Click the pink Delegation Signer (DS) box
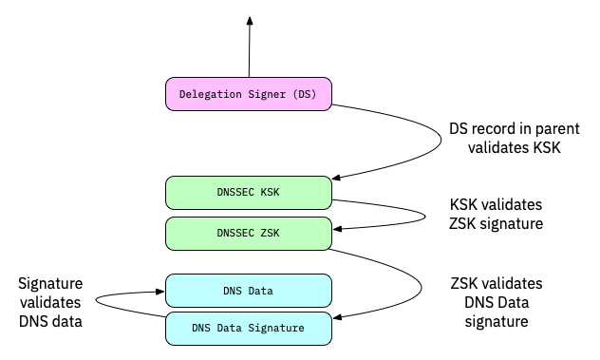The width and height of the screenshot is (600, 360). click(249, 93)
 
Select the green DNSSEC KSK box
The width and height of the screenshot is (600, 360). click(249, 192)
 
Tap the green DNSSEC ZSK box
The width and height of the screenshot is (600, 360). click(249, 232)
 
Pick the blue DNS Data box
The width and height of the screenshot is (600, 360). click(249, 289)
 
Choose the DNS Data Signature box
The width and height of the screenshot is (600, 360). click(249, 329)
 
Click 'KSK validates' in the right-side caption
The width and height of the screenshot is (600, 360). click(495, 205)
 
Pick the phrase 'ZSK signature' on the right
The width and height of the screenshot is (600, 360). click(495, 224)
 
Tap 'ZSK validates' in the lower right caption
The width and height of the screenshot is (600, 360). click(497, 284)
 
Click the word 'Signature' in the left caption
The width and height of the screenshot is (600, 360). click(51, 284)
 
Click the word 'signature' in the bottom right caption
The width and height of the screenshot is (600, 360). click(497, 322)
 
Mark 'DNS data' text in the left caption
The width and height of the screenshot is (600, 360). click(51, 322)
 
